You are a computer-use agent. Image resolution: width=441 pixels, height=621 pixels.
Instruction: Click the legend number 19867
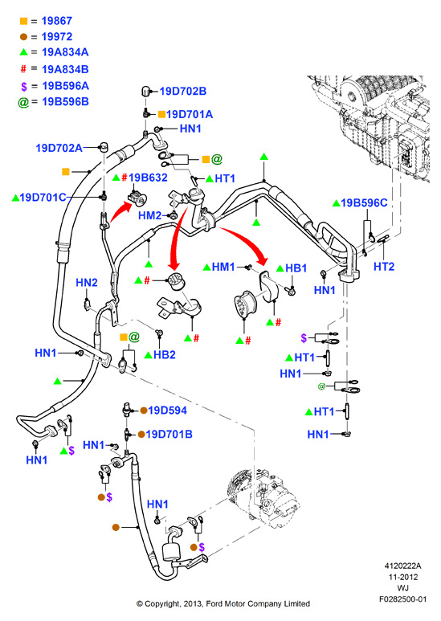[x=56, y=21]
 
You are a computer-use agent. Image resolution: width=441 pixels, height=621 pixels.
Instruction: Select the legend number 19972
[x=56, y=37]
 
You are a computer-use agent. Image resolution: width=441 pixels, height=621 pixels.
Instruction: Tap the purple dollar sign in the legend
[x=24, y=86]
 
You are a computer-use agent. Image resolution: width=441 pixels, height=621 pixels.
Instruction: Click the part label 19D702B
[x=183, y=91]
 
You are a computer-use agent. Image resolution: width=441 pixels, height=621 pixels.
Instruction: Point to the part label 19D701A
[x=190, y=114]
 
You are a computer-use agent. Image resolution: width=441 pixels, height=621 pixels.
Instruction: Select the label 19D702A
[x=59, y=148]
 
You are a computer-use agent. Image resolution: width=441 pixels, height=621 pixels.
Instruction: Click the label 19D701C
[x=43, y=198]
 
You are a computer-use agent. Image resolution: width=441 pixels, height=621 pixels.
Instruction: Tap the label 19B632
[x=148, y=178]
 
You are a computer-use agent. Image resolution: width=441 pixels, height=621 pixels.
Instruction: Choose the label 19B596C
[x=364, y=202]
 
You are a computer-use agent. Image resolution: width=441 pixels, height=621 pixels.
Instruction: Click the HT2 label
[x=384, y=267]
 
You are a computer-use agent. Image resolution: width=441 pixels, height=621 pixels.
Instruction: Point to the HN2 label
[x=86, y=282]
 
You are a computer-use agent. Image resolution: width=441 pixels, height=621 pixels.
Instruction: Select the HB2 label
[x=165, y=354]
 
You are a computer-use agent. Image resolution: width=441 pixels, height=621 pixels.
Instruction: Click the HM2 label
[x=150, y=215]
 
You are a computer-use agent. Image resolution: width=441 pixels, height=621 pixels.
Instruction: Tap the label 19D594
[x=167, y=411]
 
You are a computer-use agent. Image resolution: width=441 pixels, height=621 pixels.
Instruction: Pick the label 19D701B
[x=169, y=435]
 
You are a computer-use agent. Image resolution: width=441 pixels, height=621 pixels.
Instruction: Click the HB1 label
[x=296, y=268]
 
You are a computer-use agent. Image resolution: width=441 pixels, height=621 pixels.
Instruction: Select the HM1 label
[x=223, y=267]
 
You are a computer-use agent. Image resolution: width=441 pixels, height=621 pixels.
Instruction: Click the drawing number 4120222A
[x=402, y=566]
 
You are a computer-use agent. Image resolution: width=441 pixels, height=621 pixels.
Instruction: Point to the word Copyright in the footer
[x=162, y=604]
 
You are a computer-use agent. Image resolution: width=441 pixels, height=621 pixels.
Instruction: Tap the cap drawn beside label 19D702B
[x=145, y=92]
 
